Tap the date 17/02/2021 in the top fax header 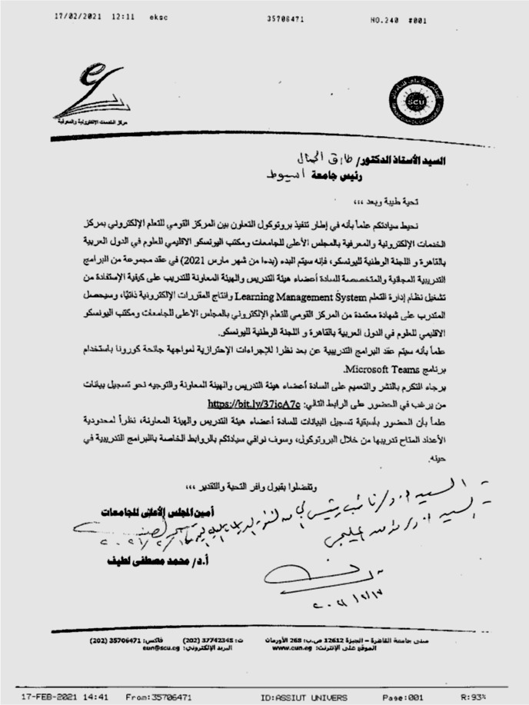(80, 16)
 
